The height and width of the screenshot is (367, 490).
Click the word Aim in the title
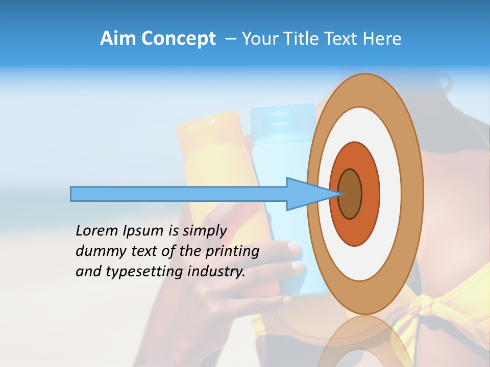coord(118,39)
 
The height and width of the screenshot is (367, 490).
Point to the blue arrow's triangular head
coord(306,194)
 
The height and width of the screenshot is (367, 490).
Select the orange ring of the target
coord(370,194)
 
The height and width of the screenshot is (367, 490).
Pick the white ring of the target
coord(390,194)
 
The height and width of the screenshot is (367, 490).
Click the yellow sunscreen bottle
coord(209,153)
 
